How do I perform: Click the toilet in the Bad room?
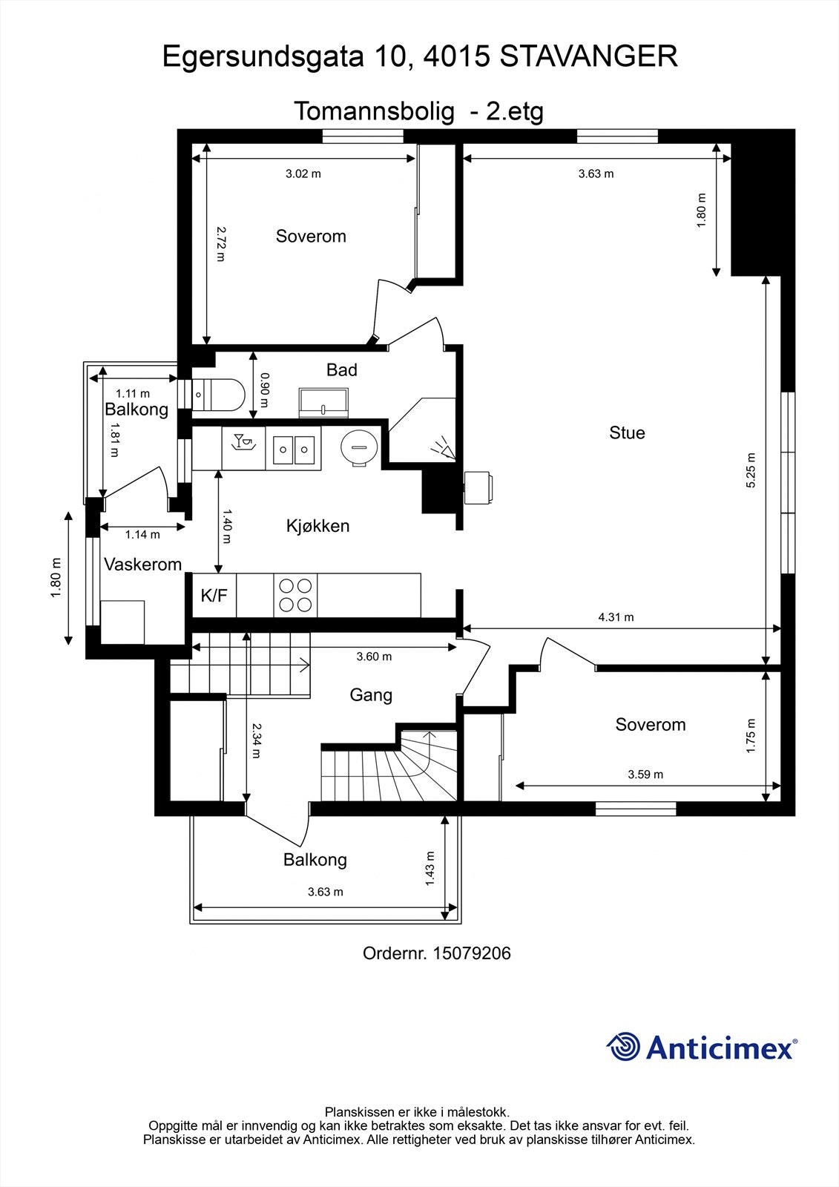(x=220, y=395)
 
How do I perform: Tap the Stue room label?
(x=627, y=433)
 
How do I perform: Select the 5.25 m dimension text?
(x=751, y=470)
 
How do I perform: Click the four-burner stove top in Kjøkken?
(x=295, y=595)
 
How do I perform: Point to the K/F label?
(x=214, y=595)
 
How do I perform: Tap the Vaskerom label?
(x=142, y=565)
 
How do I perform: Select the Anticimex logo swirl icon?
(x=624, y=1047)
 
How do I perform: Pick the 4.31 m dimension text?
(x=616, y=616)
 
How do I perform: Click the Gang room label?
(x=371, y=695)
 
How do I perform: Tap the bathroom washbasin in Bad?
(x=325, y=401)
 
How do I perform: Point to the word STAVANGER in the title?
(x=589, y=57)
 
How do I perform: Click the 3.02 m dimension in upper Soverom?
(x=303, y=174)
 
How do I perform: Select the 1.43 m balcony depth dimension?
(x=430, y=867)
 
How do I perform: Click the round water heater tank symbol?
(x=359, y=447)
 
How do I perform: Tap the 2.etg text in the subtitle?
(x=514, y=111)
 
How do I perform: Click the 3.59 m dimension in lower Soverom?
(x=645, y=774)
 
